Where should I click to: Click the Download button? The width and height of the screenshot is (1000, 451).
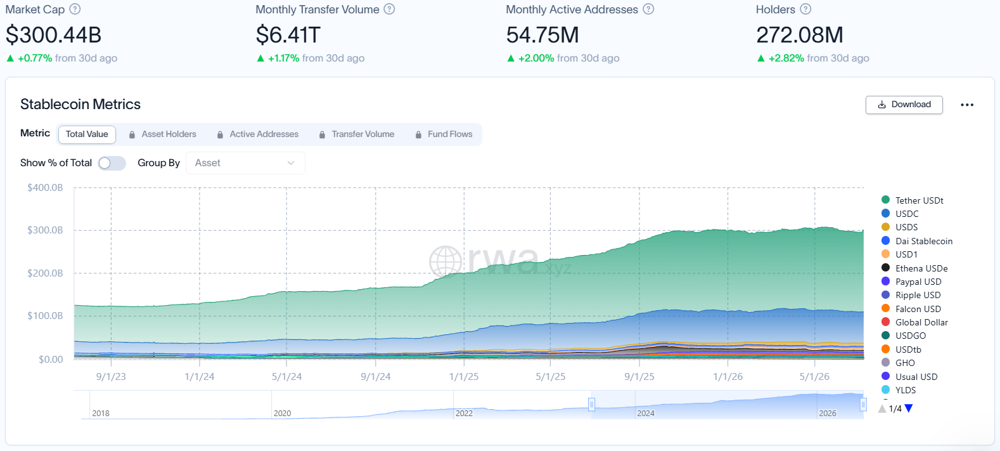pyautogui.click(x=904, y=105)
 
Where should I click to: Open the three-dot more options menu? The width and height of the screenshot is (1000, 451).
pyautogui.click(x=967, y=105)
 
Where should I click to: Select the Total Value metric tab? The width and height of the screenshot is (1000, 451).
pyautogui.click(x=87, y=134)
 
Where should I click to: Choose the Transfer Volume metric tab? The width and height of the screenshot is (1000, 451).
pyautogui.click(x=357, y=134)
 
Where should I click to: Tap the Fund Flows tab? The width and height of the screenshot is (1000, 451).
pyautogui.click(x=444, y=134)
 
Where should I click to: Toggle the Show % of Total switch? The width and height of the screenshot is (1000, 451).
pyautogui.click(x=112, y=163)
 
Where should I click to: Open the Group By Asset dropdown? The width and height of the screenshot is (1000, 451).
pyautogui.click(x=245, y=163)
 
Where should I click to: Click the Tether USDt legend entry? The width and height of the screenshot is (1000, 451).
pyautogui.click(x=913, y=200)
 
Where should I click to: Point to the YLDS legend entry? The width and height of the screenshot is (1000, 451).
pyautogui.click(x=899, y=389)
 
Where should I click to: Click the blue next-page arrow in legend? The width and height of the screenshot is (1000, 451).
pyautogui.click(x=909, y=408)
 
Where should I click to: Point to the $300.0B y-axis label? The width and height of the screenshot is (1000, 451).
pyautogui.click(x=45, y=230)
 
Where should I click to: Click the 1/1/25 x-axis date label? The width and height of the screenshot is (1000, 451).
pyautogui.click(x=464, y=377)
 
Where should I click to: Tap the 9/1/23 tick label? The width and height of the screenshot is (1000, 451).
pyautogui.click(x=111, y=377)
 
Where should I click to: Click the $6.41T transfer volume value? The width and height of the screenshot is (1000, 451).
pyautogui.click(x=288, y=35)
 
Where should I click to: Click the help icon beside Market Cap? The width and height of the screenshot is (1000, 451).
pyautogui.click(x=75, y=10)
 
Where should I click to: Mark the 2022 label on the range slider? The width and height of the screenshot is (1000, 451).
pyautogui.click(x=464, y=414)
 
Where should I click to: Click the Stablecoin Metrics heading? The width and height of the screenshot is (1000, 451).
pyautogui.click(x=80, y=104)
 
